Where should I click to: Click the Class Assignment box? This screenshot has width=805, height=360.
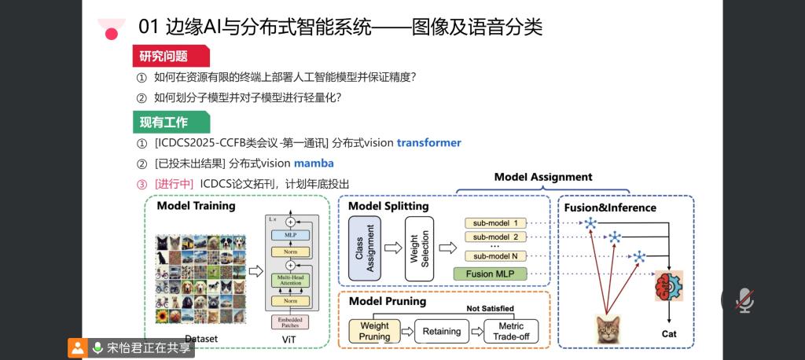365,248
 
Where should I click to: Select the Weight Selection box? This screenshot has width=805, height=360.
420,248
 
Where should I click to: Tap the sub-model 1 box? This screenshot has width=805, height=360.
495,223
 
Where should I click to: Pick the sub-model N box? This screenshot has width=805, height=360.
495,255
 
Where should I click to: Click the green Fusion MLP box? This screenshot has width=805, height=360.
490,274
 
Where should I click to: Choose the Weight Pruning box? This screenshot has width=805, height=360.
374,331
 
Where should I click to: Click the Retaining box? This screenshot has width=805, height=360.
442,331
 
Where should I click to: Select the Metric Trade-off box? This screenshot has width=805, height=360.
511,331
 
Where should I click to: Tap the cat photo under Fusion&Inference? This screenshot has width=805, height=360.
606,329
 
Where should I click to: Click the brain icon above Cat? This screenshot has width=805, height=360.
669,285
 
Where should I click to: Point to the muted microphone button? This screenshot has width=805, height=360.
744,299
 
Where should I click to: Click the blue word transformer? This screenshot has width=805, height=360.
428,143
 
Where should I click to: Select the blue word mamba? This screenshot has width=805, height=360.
314,163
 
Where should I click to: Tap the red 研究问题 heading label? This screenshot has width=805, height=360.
164,56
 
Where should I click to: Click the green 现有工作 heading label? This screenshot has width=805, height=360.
164,122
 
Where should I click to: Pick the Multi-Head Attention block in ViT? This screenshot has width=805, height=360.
289,280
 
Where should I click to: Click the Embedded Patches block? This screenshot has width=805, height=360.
289,321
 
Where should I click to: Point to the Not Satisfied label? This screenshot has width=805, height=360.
490,308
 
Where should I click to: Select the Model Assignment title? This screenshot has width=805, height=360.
543,177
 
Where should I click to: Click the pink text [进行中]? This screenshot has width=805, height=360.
174,184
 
